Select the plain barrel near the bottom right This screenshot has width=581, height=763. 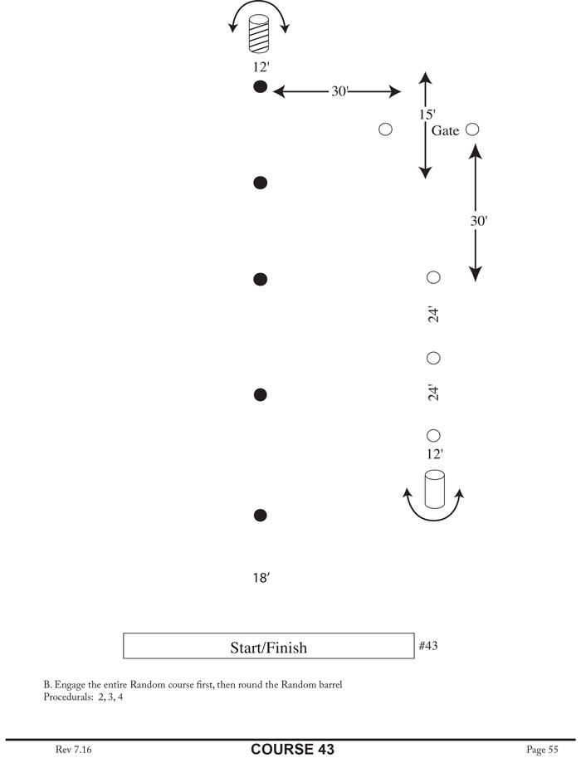pyautogui.click(x=434, y=489)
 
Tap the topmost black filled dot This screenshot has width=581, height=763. pyautogui.click(x=261, y=87)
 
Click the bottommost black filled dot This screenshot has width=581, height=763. pyautogui.click(x=261, y=516)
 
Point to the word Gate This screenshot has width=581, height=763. pyautogui.click(x=445, y=130)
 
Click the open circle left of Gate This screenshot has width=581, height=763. pyautogui.click(x=385, y=130)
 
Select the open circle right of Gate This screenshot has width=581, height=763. pyautogui.click(x=473, y=130)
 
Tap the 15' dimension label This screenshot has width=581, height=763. pyautogui.click(x=427, y=114)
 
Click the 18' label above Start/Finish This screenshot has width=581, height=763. pyautogui.click(x=261, y=578)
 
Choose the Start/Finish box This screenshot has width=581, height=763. pyautogui.click(x=267, y=647)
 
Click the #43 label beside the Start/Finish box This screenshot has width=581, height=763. pyautogui.click(x=428, y=645)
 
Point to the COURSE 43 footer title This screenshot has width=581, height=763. pyautogui.click(x=292, y=749)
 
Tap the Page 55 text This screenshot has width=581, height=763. pyautogui.click(x=542, y=749)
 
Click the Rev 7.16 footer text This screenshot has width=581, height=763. pyautogui.click(x=73, y=749)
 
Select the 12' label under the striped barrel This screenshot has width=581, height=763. pyautogui.click(x=261, y=67)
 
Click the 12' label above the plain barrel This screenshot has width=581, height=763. pyautogui.click(x=433, y=454)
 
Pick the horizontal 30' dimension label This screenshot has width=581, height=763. pyautogui.click(x=339, y=91)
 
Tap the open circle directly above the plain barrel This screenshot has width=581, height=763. pyautogui.click(x=432, y=435)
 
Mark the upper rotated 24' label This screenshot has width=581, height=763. pyautogui.click(x=432, y=315)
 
